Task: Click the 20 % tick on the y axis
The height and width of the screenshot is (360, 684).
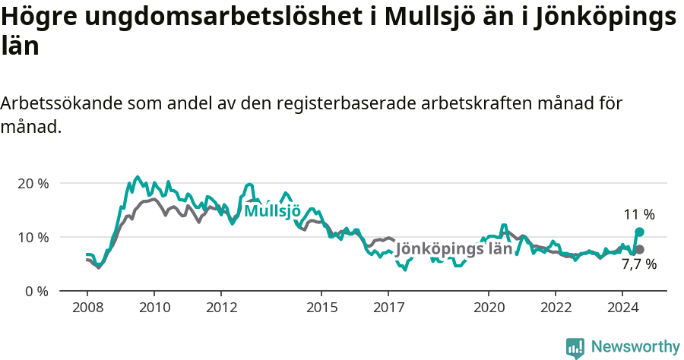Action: point(32,184)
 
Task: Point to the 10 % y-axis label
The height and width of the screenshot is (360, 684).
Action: point(32,237)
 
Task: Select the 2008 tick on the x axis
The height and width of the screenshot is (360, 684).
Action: point(87,308)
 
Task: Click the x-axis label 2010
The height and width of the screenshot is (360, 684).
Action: point(154,308)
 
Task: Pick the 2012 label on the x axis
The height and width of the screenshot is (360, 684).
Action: point(220,308)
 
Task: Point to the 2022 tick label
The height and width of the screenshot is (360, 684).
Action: point(555,308)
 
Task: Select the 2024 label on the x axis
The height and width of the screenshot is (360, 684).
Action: point(622,308)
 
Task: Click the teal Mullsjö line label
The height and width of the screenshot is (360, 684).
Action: point(272,211)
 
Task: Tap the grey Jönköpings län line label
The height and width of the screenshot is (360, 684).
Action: point(454,249)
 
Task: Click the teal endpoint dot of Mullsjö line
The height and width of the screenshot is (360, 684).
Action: point(639,232)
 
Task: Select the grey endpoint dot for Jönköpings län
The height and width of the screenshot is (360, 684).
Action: point(639,249)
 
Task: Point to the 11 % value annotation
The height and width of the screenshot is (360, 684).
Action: point(639,215)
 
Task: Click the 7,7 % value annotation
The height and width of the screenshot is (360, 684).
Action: point(638,265)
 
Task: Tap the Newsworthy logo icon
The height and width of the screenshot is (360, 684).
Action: point(575,347)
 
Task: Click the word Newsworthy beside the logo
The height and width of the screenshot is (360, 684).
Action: point(635,347)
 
